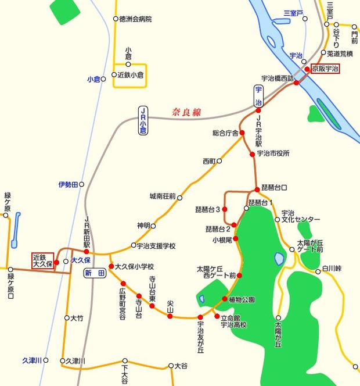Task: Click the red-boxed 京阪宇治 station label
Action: (325, 69)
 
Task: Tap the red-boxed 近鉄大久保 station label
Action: (42, 260)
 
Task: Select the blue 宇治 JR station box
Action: (259, 96)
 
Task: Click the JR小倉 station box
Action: (143, 120)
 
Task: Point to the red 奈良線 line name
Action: (186, 112)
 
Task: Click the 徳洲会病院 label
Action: (135, 19)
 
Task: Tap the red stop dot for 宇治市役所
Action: (252, 154)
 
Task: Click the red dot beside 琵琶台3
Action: (225, 209)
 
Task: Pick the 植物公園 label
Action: (242, 300)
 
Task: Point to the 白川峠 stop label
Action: (333, 268)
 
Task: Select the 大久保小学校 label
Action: (134, 266)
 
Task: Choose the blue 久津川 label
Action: (31, 360)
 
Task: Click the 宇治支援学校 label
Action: (156, 246)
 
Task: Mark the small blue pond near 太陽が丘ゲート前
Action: (279, 258)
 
